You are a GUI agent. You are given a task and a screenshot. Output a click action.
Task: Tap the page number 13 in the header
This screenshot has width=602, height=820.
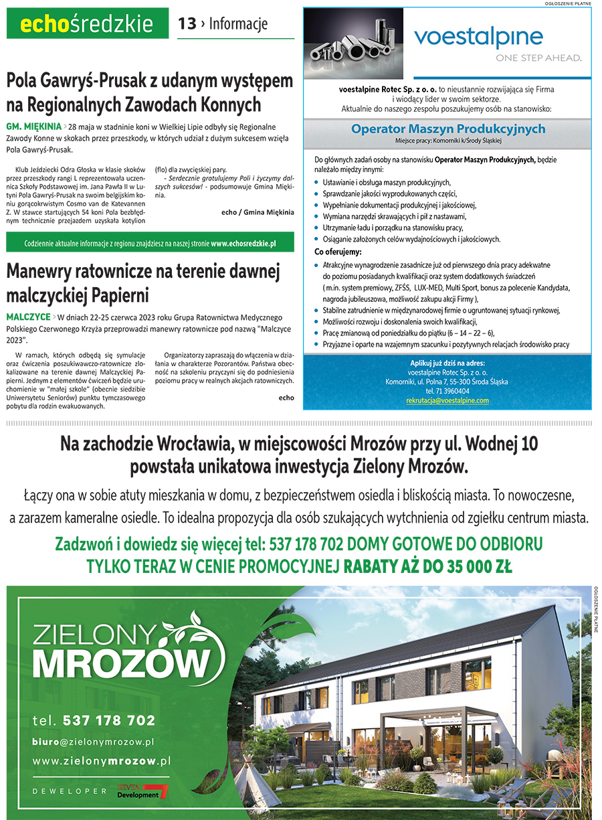click(187, 24)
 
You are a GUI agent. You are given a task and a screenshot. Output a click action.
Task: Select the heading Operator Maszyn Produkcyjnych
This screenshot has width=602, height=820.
click(448, 129)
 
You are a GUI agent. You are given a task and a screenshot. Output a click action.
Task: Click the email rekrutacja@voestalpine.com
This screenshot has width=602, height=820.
click(447, 400)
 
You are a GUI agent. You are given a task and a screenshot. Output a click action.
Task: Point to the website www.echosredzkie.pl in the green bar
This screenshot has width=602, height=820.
click(243, 244)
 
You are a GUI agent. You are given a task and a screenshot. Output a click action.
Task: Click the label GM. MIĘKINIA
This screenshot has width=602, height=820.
click(33, 126)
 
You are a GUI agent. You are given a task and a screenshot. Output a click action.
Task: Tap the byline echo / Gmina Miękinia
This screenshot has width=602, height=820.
click(257, 212)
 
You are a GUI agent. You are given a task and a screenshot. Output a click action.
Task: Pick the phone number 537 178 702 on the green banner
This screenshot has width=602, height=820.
click(108, 721)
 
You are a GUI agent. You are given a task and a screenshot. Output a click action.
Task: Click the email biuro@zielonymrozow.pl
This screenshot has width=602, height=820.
click(94, 742)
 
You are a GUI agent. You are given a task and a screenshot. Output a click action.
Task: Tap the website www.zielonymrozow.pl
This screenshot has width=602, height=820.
click(102, 761)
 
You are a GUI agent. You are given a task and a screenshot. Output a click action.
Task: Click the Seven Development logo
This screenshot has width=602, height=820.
click(142, 791)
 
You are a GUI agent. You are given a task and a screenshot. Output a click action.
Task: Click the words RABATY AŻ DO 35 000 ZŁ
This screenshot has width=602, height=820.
click(428, 567)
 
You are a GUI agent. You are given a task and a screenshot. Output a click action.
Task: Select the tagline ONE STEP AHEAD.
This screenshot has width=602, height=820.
click(538, 58)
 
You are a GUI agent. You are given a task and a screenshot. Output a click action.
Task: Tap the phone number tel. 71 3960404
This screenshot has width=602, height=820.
click(447, 391)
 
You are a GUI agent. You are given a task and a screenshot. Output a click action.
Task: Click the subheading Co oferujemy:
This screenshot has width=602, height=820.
click(338, 252)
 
